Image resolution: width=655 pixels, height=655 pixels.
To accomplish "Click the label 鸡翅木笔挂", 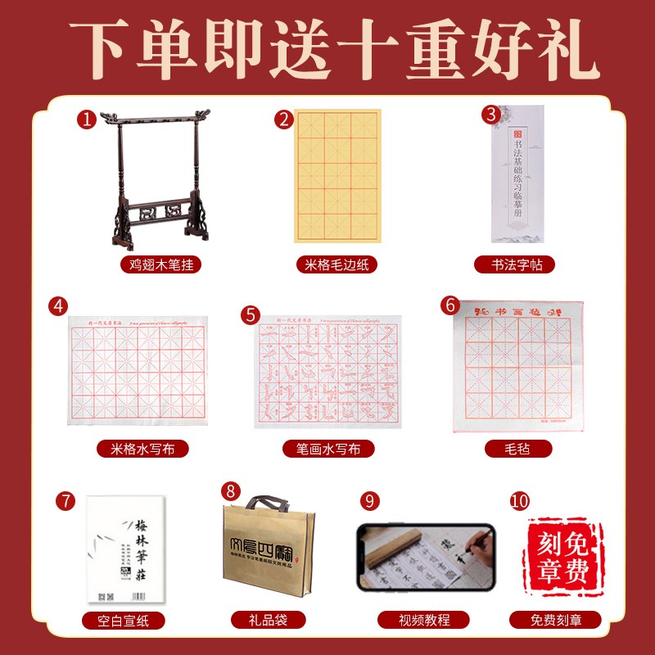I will pyautogui.click(x=155, y=265).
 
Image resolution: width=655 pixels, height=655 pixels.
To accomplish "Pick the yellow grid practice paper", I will pyautogui.click(x=337, y=177).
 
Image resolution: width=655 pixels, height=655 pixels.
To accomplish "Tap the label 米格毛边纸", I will pyautogui.click(x=337, y=265).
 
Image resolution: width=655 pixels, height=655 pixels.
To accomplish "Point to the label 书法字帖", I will pyautogui.click(x=513, y=265).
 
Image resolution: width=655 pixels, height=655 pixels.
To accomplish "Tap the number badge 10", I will pyautogui.click(x=518, y=499).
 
